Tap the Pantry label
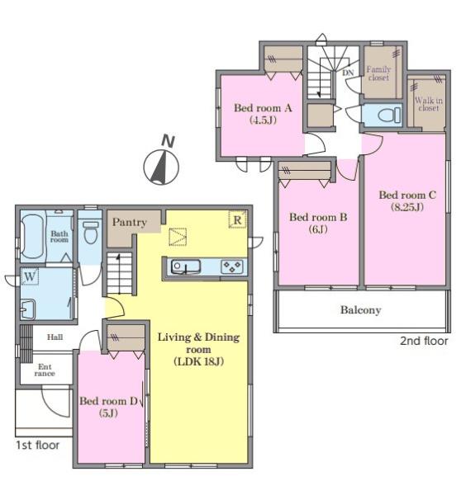point(130,222)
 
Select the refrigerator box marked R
point(237,219)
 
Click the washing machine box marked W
point(30,276)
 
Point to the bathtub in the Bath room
point(32,236)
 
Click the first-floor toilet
point(91,232)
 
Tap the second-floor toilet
point(389,115)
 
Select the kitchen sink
point(186,266)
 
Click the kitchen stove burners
point(232,266)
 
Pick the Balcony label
point(361,310)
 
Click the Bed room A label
point(263,108)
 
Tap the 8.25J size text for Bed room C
point(407,207)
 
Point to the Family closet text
point(378,73)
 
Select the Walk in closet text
point(429,104)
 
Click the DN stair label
point(348,73)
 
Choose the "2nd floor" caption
point(424,341)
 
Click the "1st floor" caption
point(38,445)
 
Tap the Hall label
point(55,337)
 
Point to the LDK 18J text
point(199,361)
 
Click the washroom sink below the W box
point(28,309)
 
